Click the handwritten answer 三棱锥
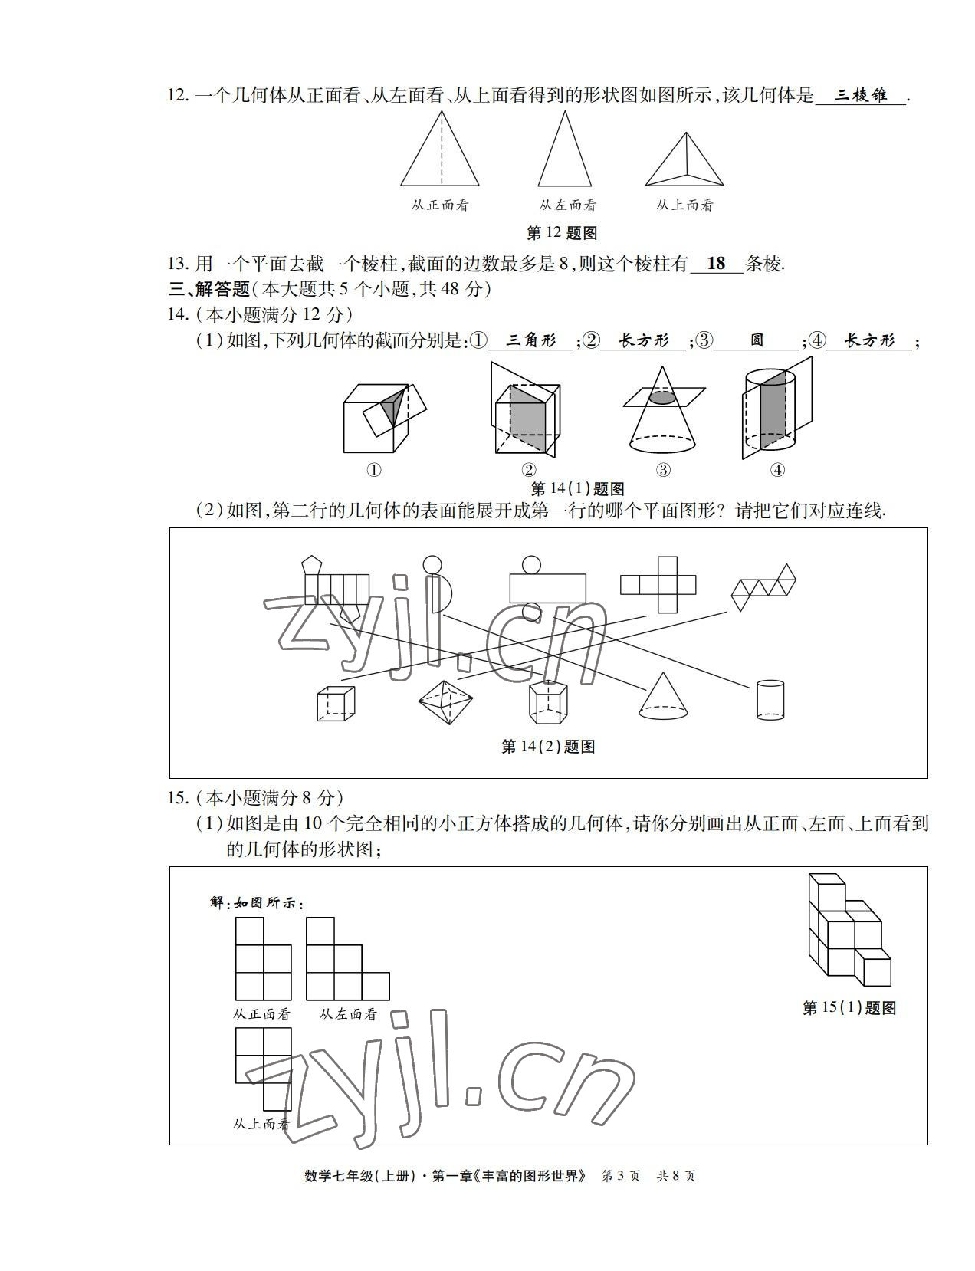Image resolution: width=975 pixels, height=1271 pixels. [x=860, y=95]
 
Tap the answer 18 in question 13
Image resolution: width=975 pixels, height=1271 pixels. [x=716, y=264]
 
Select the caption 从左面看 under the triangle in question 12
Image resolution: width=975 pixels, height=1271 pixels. [x=567, y=205]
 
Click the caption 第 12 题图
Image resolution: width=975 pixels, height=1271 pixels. [x=562, y=233]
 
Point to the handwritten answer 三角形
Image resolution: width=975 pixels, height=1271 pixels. [x=531, y=340]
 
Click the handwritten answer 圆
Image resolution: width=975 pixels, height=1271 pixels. [x=757, y=340]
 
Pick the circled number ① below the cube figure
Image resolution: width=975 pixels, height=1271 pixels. [x=374, y=470]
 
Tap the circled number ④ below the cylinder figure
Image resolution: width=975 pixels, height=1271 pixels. [x=777, y=470]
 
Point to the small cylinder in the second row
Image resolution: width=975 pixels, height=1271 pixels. [x=770, y=699]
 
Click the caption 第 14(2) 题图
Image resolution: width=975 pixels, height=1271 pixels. [x=548, y=747]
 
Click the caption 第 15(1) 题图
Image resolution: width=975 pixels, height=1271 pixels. [x=849, y=1008]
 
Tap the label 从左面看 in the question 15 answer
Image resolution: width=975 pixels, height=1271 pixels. [x=349, y=1014]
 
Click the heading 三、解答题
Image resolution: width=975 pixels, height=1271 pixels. [x=209, y=289]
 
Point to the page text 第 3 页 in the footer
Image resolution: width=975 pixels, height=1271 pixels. [x=622, y=1175]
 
